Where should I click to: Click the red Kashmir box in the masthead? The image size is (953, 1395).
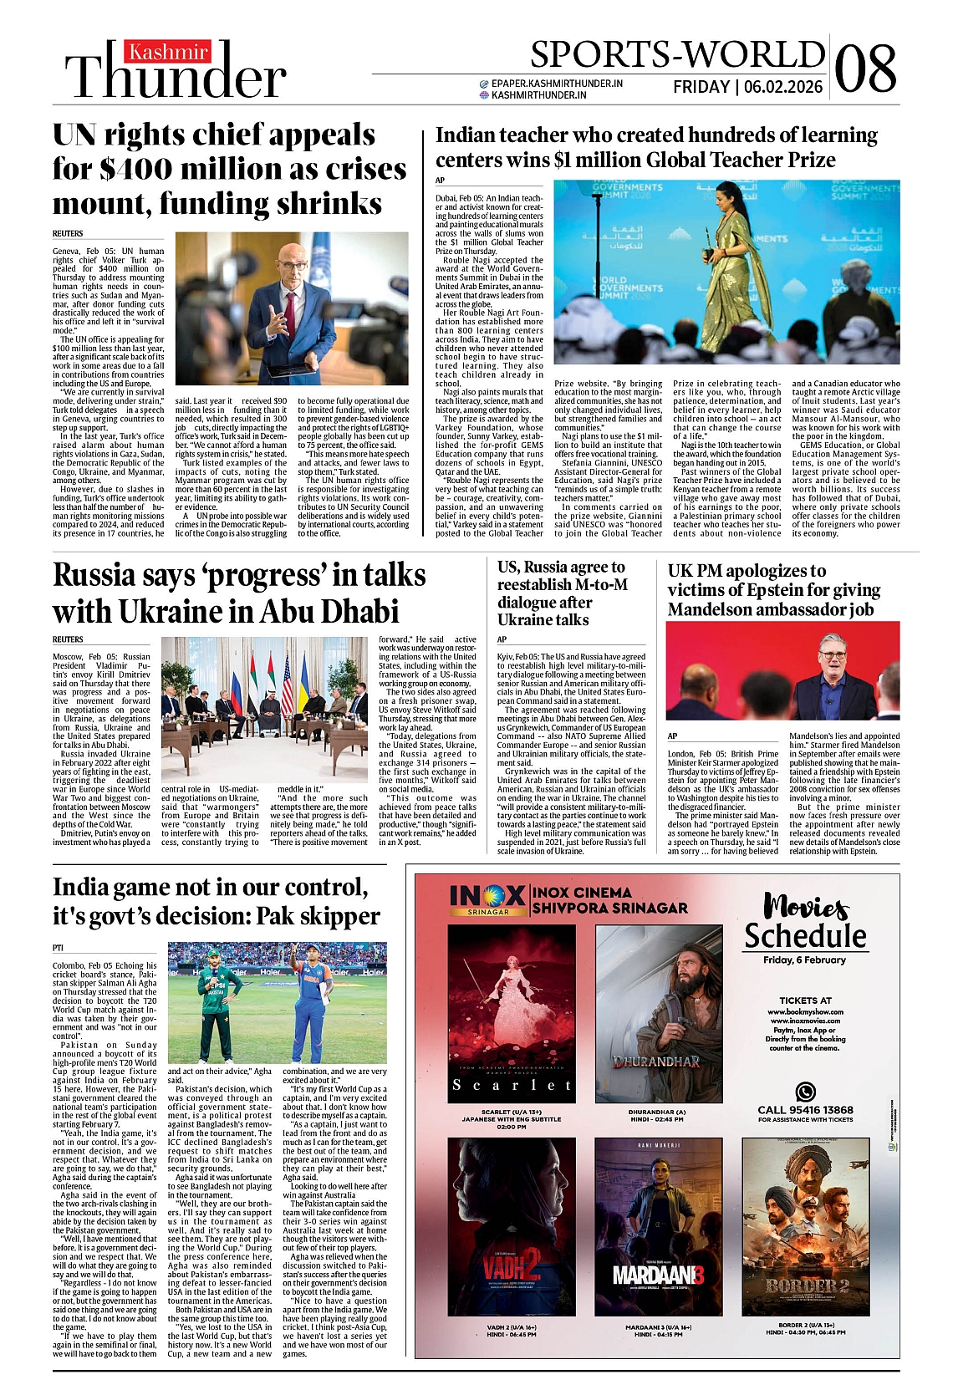[x=168, y=52]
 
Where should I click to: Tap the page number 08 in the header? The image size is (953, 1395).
[x=865, y=69]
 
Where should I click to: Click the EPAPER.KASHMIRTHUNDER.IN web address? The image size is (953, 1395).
[x=557, y=84]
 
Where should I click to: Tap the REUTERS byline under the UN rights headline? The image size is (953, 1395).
[x=68, y=233]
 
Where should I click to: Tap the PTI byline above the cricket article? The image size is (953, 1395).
[x=58, y=948]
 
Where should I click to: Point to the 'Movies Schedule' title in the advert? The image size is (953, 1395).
[x=805, y=922]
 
